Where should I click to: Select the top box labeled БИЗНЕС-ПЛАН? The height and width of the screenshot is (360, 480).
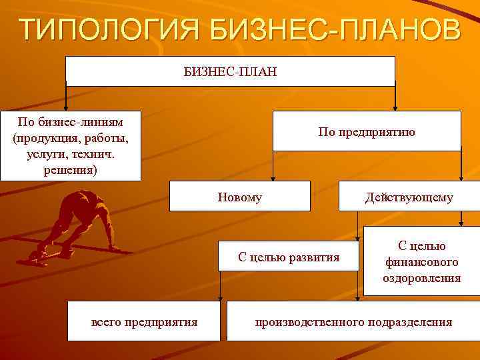click(x=230, y=71)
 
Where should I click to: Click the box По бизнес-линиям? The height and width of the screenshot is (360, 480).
click(x=71, y=145)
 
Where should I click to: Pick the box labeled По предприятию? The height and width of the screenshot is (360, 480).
click(x=366, y=131)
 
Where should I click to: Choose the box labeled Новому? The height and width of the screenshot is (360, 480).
click(x=239, y=197)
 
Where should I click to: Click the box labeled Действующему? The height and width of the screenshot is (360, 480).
click(x=409, y=197)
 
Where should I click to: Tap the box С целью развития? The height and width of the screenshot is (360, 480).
click(x=289, y=257)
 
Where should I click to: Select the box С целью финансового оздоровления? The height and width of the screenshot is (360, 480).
click(x=421, y=261)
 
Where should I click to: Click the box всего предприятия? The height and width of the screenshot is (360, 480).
click(x=144, y=322)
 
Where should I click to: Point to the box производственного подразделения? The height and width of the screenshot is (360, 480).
click(x=353, y=322)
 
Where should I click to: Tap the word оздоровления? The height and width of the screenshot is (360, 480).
click(x=421, y=278)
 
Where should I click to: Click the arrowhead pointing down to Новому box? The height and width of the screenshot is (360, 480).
click(x=271, y=177)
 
